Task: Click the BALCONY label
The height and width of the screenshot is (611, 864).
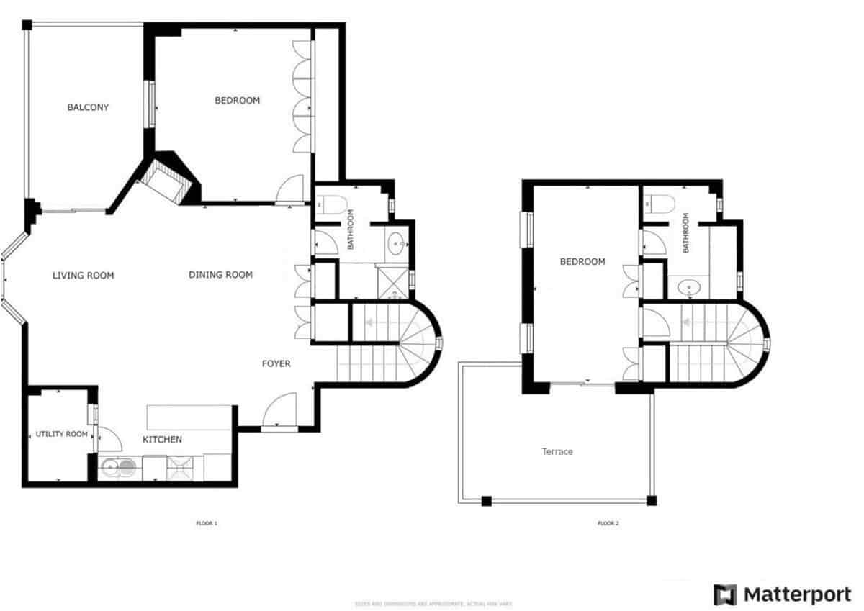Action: pyautogui.click(x=88, y=108)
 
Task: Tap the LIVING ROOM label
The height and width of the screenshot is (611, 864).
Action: pyautogui.click(x=84, y=276)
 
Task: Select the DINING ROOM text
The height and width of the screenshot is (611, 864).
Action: pyautogui.click(x=220, y=275)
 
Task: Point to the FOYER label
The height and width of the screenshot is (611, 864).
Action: pyautogui.click(x=276, y=364)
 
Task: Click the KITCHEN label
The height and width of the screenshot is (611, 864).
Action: pyautogui.click(x=162, y=440)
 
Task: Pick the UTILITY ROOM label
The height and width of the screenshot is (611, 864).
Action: pyautogui.click(x=62, y=435)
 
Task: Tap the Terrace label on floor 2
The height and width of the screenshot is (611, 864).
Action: pyautogui.click(x=557, y=452)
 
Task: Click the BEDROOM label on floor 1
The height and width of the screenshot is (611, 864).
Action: pyautogui.click(x=238, y=101)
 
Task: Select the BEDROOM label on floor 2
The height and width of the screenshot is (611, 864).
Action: pyautogui.click(x=582, y=262)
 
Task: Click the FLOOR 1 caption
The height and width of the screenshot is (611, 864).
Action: pyautogui.click(x=207, y=523)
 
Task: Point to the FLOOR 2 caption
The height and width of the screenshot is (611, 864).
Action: pyautogui.click(x=608, y=523)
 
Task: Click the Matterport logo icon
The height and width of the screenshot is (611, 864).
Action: pyautogui.click(x=725, y=594)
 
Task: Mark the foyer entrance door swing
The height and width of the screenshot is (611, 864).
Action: pyautogui.click(x=280, y=411)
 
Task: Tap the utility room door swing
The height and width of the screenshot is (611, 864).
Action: pyautogui.click(x=107, y=440)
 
